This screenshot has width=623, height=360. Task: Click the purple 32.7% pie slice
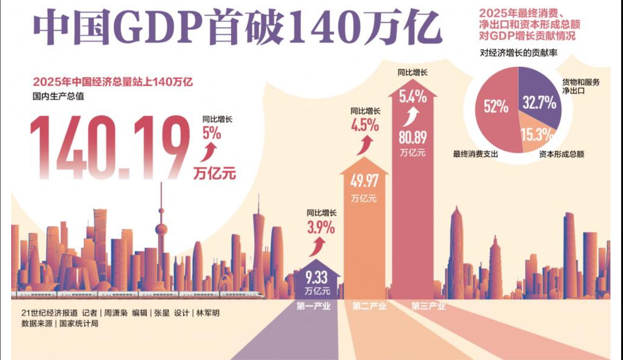pyautogui.click(x=539, y=103)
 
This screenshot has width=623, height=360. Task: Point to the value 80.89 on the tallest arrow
pyautogui.click(x=412, y=137)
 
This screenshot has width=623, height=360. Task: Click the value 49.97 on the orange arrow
pyautogui.click(x=364, y=181)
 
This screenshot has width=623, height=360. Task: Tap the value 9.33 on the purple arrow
pyautogui.click(x=316, y=278)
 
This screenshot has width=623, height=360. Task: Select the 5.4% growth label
pyautogui.click(x=412, y=97)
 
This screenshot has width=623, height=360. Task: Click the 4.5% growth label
pyautogui.click(x=365, y=126)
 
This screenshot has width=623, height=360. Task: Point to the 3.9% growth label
pyautogui.click(x=321, y=227)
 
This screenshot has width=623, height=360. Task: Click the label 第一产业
pyautogui.click(x=313, y=306)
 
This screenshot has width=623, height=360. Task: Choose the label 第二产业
pyautogui.click(x=369, y=306)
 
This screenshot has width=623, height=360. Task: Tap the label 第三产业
pyautogui.click(x=428, y=306)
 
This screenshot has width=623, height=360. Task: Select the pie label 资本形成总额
pyautogui.click(x=562, y=154)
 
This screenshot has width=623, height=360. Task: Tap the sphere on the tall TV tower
pyautogui.click(x=161, y=229)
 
